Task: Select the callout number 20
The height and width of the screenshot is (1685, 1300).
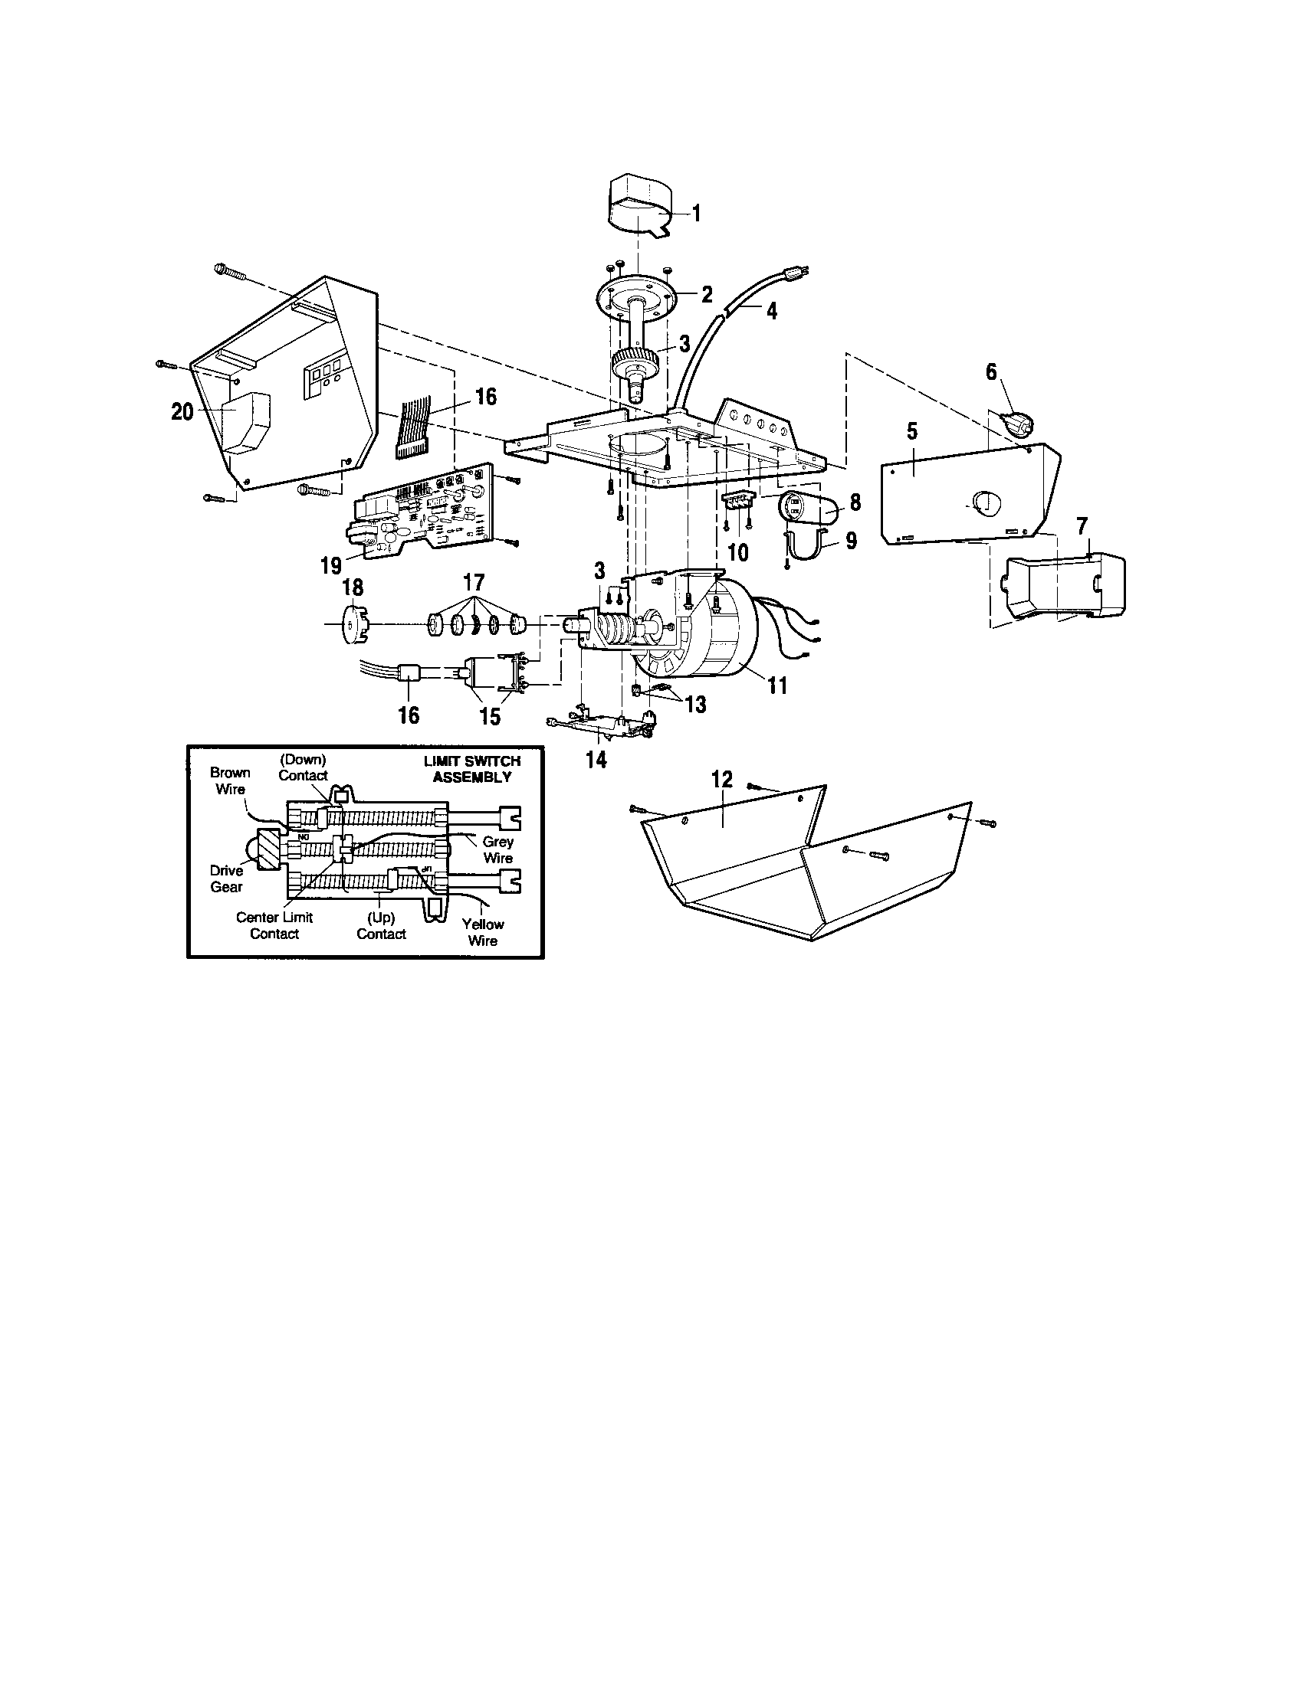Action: coord(182,412)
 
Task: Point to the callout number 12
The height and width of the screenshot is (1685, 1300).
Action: coord(722,778)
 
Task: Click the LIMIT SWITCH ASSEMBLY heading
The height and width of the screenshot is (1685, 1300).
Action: coord(471,769)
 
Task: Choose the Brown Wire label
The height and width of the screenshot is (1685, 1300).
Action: coord(230,780)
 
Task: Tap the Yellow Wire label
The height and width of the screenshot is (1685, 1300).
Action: coord(483,932)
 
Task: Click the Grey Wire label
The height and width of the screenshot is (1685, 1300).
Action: coord(498,849)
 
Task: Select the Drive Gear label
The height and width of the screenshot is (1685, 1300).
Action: coord(226,878)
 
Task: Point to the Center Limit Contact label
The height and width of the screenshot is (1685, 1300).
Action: coord(274,925)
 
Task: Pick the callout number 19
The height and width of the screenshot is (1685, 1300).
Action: coord(331,566)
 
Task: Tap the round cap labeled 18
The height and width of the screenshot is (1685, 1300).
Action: coord(351,626)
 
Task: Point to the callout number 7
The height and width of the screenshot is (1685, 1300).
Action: coord(1082,527)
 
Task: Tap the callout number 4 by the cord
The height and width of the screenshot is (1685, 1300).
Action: coord(771,311)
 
